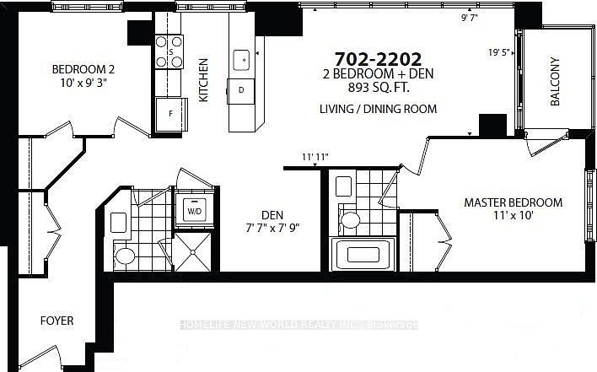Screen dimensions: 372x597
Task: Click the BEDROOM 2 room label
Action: point(83,69)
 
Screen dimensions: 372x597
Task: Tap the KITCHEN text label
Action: point(203,80)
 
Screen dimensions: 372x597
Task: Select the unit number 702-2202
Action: point(378,59)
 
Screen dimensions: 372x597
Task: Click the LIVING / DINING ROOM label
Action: point(378,110)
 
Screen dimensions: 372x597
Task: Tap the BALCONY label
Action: point(555,82)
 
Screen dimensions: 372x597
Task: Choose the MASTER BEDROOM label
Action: point(514,203)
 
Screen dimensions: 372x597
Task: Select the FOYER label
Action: point(57,321)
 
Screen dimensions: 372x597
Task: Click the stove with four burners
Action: point(169,51)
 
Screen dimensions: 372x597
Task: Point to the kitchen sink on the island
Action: point(241,59)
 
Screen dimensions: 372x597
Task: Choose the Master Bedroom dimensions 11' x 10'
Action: point(514,217)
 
